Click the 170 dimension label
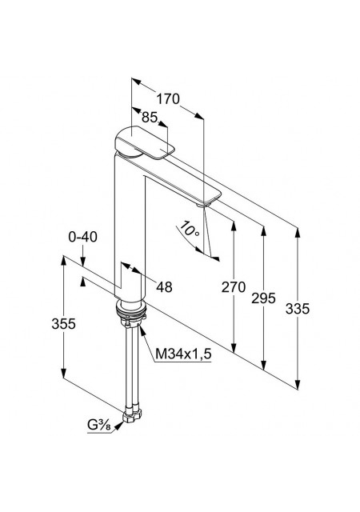point(168,98)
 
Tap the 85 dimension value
point(150,118)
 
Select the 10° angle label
point(189,229)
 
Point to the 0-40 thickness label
point(82,237)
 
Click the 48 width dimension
point(164,287)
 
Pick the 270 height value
point(234,287)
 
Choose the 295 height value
point(263,298)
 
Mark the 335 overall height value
point(298,309)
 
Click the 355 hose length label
point(63,323)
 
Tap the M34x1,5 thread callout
point(183,354)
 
